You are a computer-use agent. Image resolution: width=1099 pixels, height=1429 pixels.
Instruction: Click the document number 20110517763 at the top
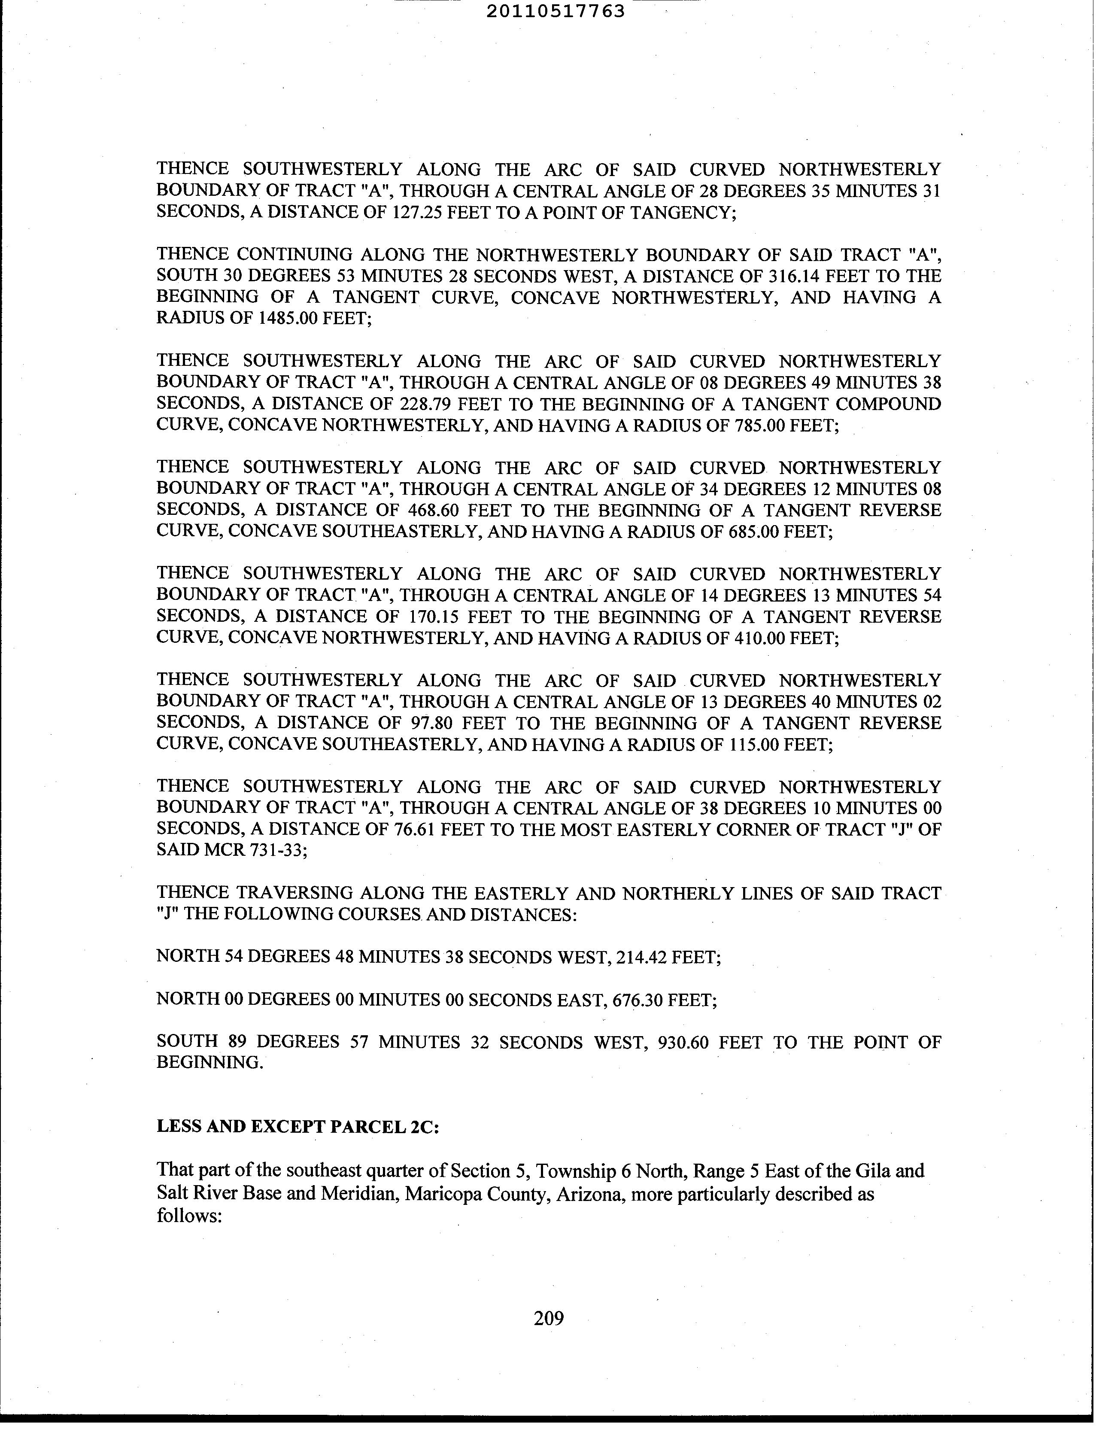(556, 11)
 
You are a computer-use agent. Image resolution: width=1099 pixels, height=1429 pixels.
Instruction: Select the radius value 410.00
(756, 638)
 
